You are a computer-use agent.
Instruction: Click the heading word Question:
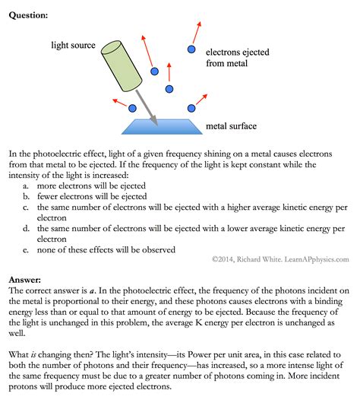pyautogui.click(x=28, y=14)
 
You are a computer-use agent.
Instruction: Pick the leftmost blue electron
pyautogui.click(x=134, y=109)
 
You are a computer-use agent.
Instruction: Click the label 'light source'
pyautogui.click(x=73, y=45)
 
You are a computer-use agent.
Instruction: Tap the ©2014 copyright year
pyautogui.click(x=225, y=259)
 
